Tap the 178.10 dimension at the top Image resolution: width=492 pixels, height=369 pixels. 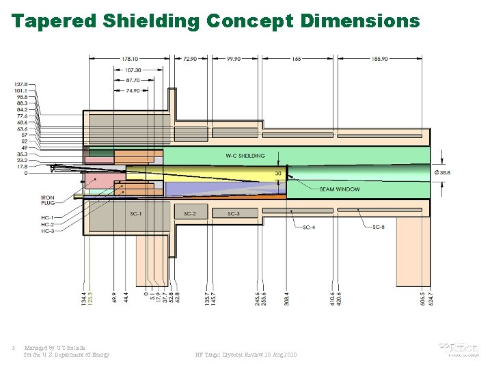130,59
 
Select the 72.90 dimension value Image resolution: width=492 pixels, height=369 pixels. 191,59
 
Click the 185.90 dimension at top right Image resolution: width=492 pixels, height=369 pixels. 380,59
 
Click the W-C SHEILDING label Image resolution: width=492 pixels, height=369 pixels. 245,156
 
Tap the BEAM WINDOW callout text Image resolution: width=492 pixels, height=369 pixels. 340,189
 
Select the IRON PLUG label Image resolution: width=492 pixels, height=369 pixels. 47,200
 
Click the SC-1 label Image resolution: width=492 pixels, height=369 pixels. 137,214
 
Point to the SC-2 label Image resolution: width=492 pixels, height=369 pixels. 190,214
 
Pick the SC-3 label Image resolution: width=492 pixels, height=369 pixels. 234,214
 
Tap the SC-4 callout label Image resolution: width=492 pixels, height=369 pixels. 309,226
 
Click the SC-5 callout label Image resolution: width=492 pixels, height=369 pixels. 379,226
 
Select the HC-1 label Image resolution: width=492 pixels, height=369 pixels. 47,217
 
